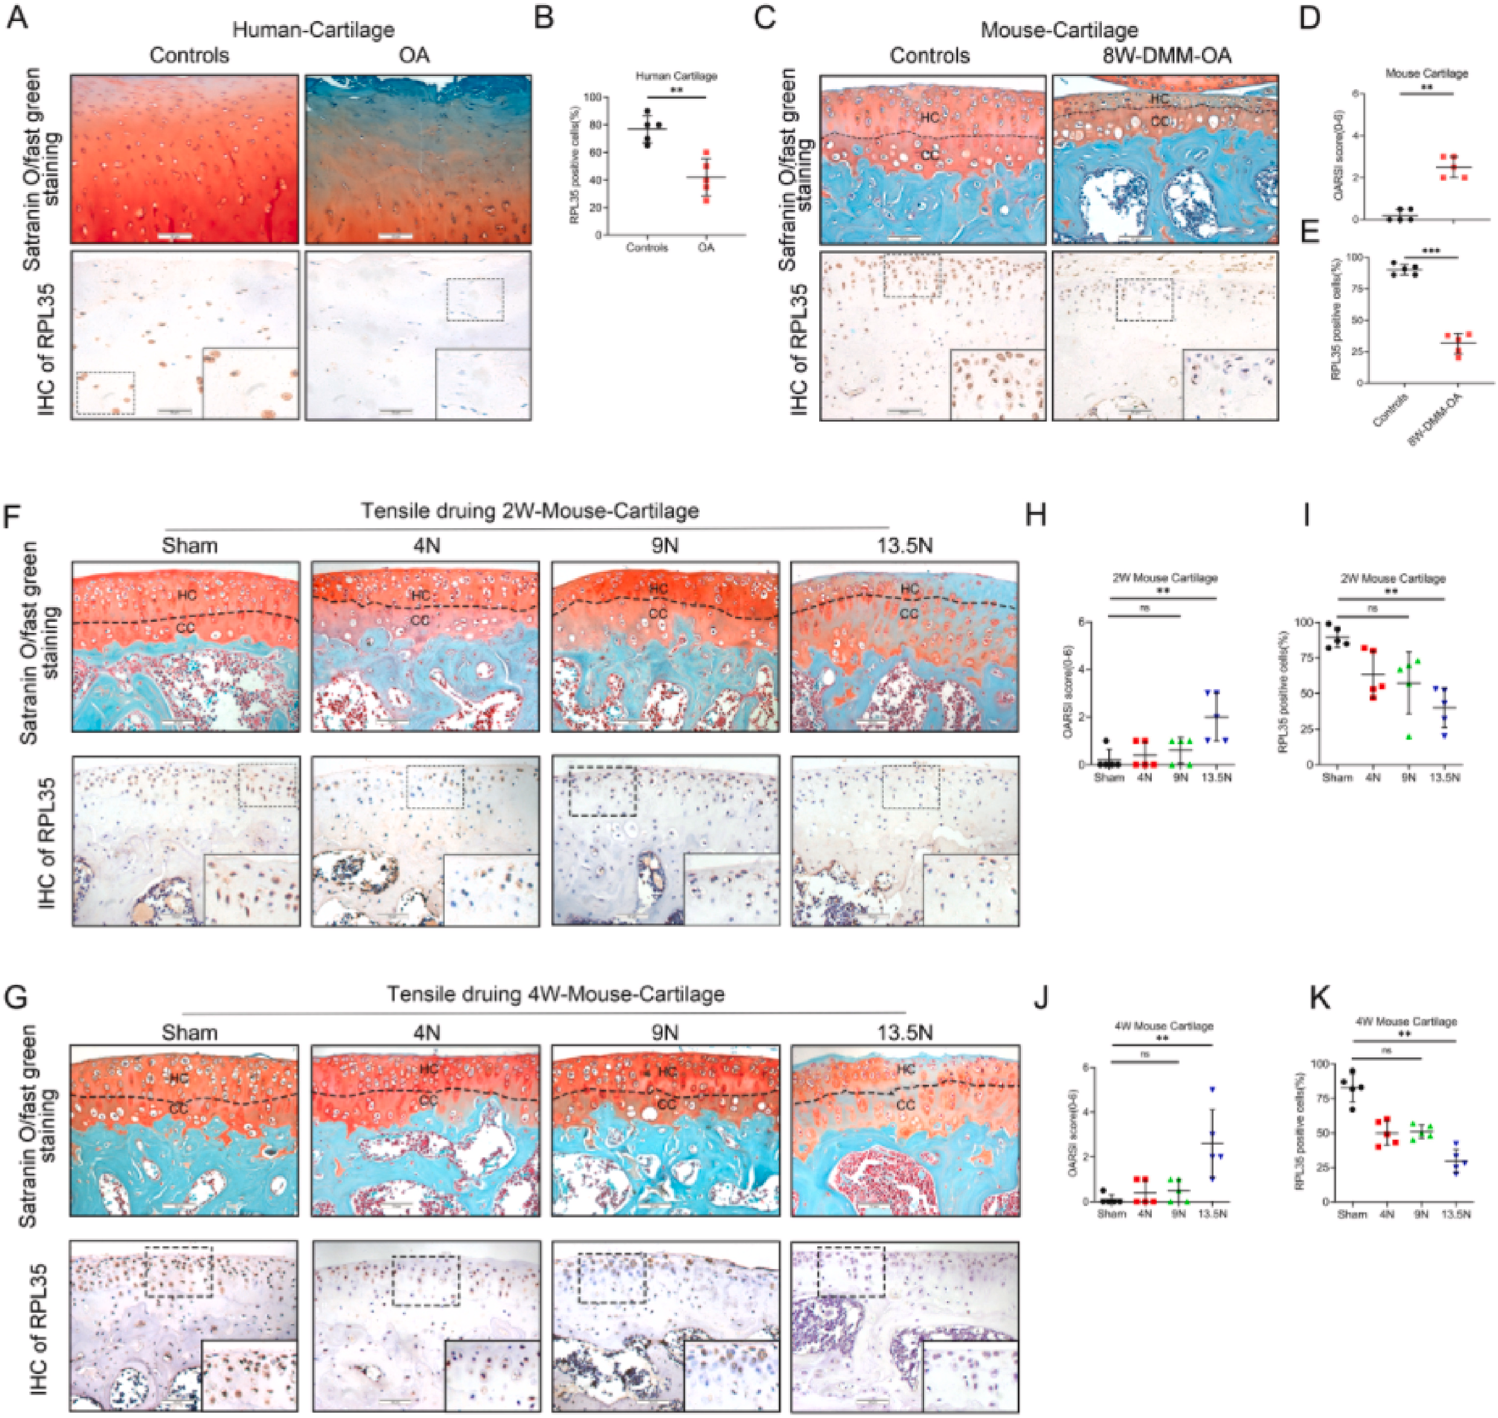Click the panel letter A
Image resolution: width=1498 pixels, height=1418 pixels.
18,17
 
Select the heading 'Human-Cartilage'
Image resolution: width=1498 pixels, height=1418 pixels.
313,30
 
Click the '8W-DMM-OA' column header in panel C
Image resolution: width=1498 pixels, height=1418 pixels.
1167,55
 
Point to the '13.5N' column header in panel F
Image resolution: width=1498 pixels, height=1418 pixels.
904,545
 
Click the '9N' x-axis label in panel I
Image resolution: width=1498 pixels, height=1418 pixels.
1409,777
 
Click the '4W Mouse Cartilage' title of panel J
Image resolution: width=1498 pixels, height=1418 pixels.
1163,1026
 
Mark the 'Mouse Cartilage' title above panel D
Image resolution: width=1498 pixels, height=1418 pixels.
1426,73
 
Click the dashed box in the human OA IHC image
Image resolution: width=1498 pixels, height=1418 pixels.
475,300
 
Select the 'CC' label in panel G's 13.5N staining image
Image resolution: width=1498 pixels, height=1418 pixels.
905,1105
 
